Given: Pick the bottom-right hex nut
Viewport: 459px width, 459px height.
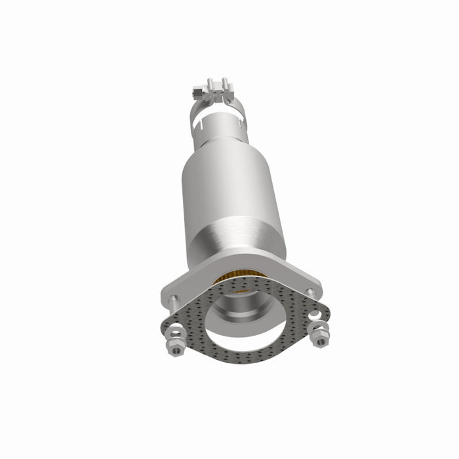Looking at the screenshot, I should tap(321, 340).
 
